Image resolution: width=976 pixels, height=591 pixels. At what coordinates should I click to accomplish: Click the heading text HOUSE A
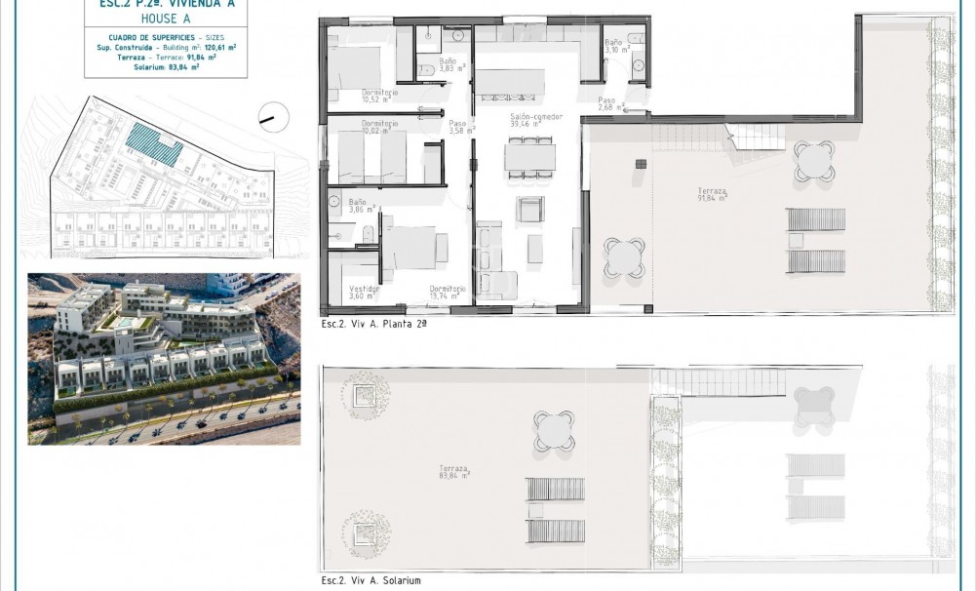pyautogui.click(x=160, y=18)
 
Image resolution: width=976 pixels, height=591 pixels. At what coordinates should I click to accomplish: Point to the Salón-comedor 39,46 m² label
pyautogui.click(x=535, y=121)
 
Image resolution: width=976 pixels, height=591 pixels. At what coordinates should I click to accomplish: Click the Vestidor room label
pyautogui.click(x=364, y=292)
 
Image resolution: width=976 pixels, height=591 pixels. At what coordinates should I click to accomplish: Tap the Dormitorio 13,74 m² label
pyautogui.click(x=448, y=292)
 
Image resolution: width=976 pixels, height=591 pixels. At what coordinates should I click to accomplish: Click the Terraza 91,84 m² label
pyautogui.click(x=716, y=194)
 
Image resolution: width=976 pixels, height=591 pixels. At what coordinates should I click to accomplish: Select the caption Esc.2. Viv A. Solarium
pyautogui.click(x=371, y=580)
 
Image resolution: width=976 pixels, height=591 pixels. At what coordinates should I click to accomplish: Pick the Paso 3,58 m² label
pyautogui.click(x=459, y=127)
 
